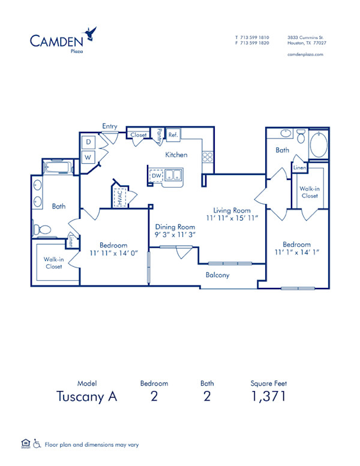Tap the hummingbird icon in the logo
[x=91, y=31]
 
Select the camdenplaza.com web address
[x=305, y=55]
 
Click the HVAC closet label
[x=119, y=197]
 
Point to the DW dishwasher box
[x=156, y=176]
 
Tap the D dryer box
[x=88, y=142]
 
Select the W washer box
[x=88, y=158]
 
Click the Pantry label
[x=159, y=136]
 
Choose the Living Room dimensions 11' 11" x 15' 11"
[x=232, y=219]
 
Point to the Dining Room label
[x=175, y=227]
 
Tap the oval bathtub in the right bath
[x=318, y=146]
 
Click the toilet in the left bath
[x=43, y=229]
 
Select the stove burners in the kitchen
[x=208, y=157]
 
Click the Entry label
[x=109, y=127]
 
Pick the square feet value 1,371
[x=268, y=396]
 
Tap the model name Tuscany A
[x=86, y=396]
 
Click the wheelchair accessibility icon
[x=37, y=444]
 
